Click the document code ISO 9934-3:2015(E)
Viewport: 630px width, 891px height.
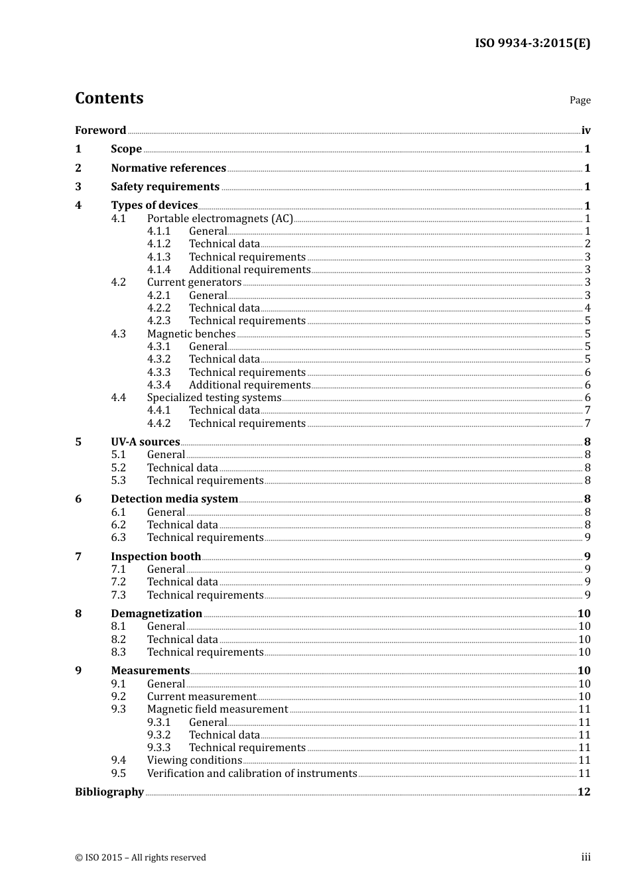click(532, 44)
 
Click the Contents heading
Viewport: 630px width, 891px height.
click(109, 98)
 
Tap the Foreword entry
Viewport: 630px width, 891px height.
click(100, 131)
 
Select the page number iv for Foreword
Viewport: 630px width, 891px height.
click(586, 131)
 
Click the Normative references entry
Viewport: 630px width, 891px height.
click(168, 168)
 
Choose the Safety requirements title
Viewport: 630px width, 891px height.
click(165, 187)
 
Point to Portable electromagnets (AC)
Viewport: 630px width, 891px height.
click(220, 219)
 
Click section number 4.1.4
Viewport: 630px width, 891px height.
click(158, 270)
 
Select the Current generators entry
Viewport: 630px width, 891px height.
click(194, 282)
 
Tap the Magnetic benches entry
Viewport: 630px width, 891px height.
click(191, 334)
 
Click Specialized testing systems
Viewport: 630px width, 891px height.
click(214, 398)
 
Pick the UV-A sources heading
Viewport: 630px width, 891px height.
click(145, 442)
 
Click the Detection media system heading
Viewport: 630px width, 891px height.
click(174, 499)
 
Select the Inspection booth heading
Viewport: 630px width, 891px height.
click(156, 557)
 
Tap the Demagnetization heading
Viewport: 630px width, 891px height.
click(157, 614)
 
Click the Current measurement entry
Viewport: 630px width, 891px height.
click(201, 697)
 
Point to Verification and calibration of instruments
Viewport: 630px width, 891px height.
click(252, 774)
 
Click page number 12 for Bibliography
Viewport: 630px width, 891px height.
click(584, 792)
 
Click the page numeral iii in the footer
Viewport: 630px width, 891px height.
click(586, 857)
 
